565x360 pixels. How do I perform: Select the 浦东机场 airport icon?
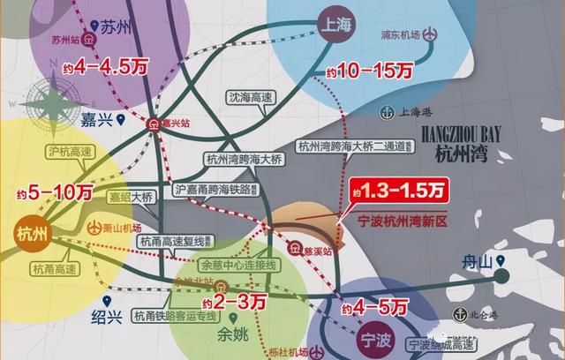point(430,36)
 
